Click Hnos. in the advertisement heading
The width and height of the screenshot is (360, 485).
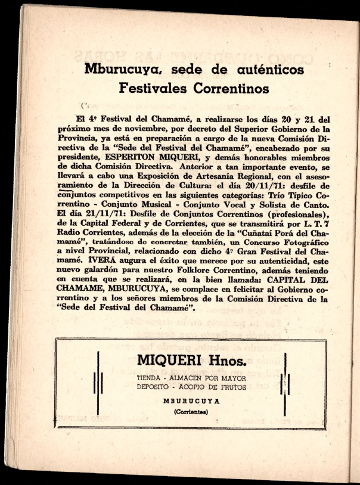click(x=216, y=360)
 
